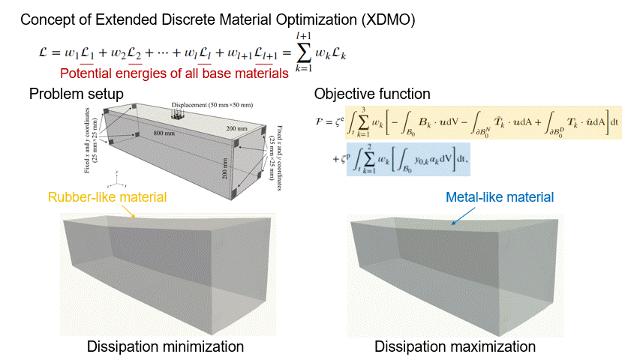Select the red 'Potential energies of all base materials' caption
point(174,73)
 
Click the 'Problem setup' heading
point(77,94)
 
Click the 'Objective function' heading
point(372,94)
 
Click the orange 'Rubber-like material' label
point(107,197)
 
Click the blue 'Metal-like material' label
point(499,197)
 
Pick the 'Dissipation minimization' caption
point(165,346)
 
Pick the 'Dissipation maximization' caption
point(455,346)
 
